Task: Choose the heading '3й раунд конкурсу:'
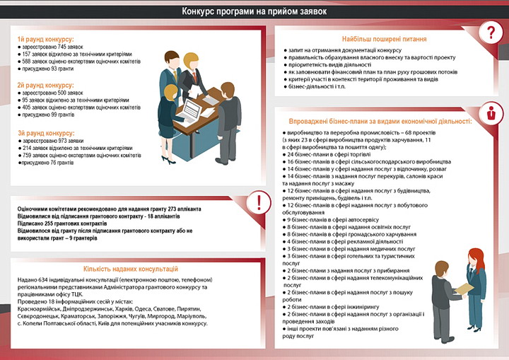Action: pyautogui.click(x=45, y=133)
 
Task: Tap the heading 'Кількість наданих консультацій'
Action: pyautogui.click(x=131, y=269)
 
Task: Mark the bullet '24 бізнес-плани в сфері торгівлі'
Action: pyautogui.click(x=332, y=153)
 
